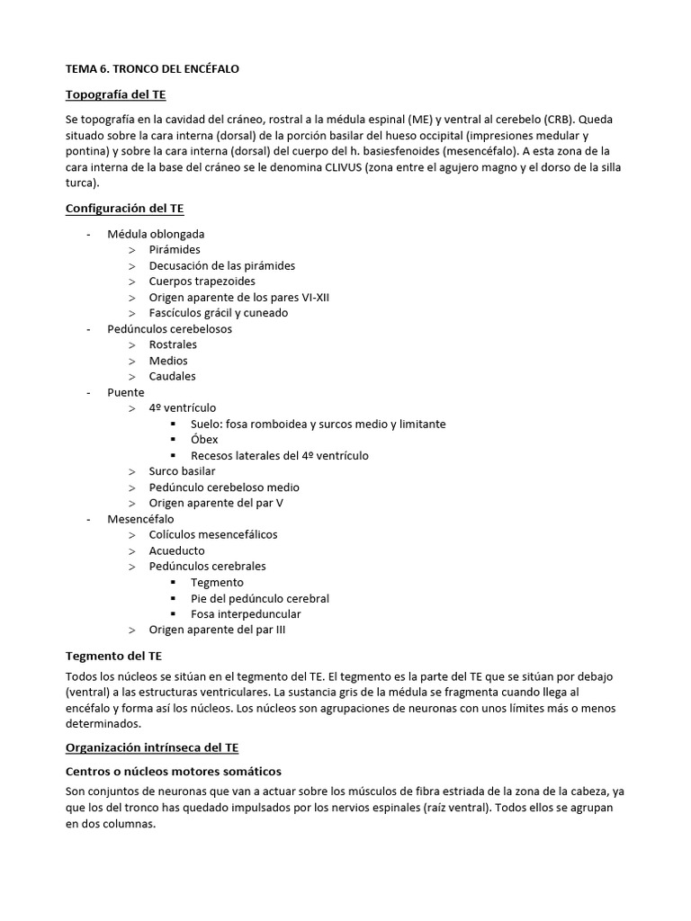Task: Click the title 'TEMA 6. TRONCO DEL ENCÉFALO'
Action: [152, 68]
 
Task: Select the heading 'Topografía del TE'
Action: [115, 94]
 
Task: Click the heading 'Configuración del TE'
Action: [124, 209]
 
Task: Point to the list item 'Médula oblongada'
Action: [156, 234]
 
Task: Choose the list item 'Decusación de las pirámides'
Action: [221, 265]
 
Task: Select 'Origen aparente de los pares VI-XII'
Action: [238, 297]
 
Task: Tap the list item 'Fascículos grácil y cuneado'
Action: [219, 313]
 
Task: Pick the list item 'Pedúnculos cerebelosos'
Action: [169, 329]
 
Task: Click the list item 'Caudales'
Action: [172, 376]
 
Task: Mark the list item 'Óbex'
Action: [204, 440]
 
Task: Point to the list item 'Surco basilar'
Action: [182, 471]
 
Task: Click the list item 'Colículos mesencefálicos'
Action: [212, 534]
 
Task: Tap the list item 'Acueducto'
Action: [176, 550]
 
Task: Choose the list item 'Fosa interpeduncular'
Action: [246, 614]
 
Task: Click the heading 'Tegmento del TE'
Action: [113, 656]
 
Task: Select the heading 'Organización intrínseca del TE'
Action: [152, 747]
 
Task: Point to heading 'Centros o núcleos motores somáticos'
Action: [174, 771]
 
